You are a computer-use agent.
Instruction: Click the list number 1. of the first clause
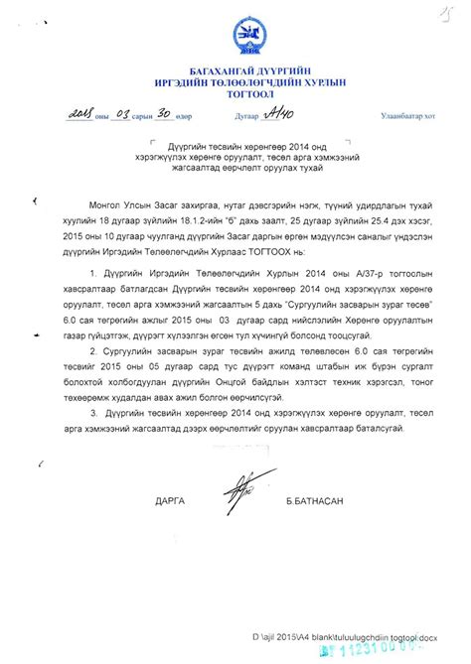tap(93, 271)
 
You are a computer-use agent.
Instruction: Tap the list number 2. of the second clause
tap(93, 350)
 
